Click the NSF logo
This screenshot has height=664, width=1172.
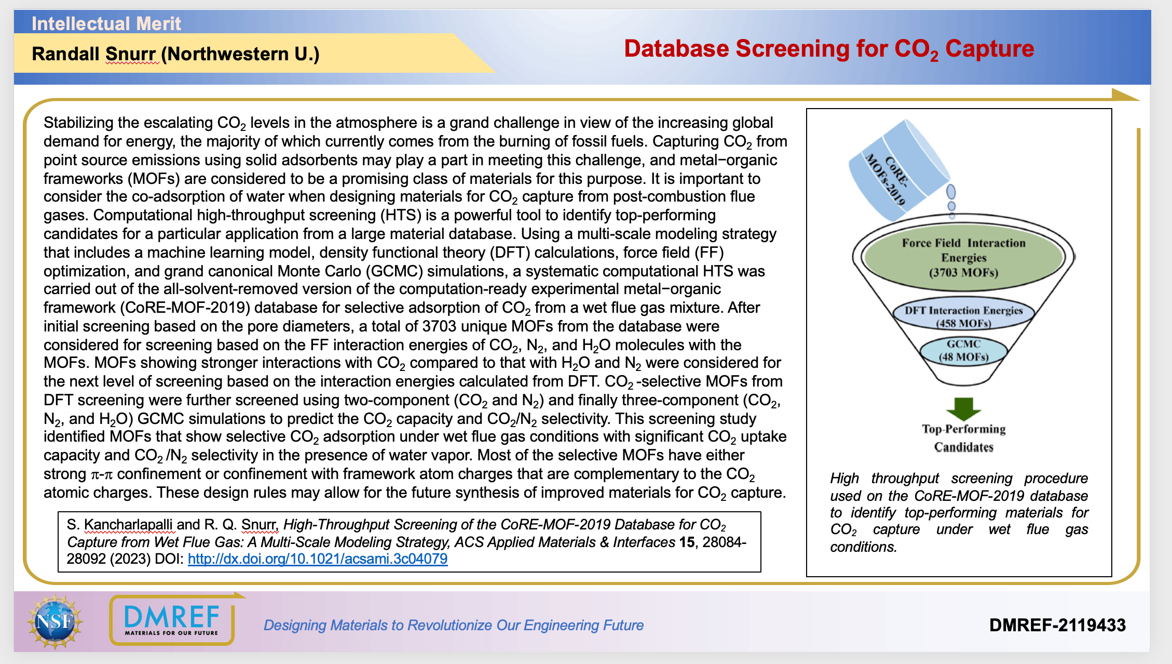tap(55, 621)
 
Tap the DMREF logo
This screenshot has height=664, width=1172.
tap(172, 619)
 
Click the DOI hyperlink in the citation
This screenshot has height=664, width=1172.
tap(318, 559)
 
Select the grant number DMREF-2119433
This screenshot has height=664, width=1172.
tap(1057, 625)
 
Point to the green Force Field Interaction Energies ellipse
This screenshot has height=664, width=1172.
tap(963, 258)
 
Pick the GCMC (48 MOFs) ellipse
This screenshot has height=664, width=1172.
tap(963, 351)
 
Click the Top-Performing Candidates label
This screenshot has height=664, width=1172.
tap(964, 438)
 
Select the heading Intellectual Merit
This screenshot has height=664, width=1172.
tap(106, 24)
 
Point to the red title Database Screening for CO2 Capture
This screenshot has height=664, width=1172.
tap(829, 49)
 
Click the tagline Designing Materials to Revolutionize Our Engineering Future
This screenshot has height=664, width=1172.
tap(454, 625)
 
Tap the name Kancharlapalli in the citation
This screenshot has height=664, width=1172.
tap(129, 525)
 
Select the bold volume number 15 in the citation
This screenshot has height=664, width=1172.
tap(687, 542)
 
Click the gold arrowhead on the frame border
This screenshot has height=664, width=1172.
tap(1125, 95)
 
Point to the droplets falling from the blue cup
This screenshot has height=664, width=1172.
tap(951, 198)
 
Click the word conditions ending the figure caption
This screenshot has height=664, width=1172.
tap(863, 547)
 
